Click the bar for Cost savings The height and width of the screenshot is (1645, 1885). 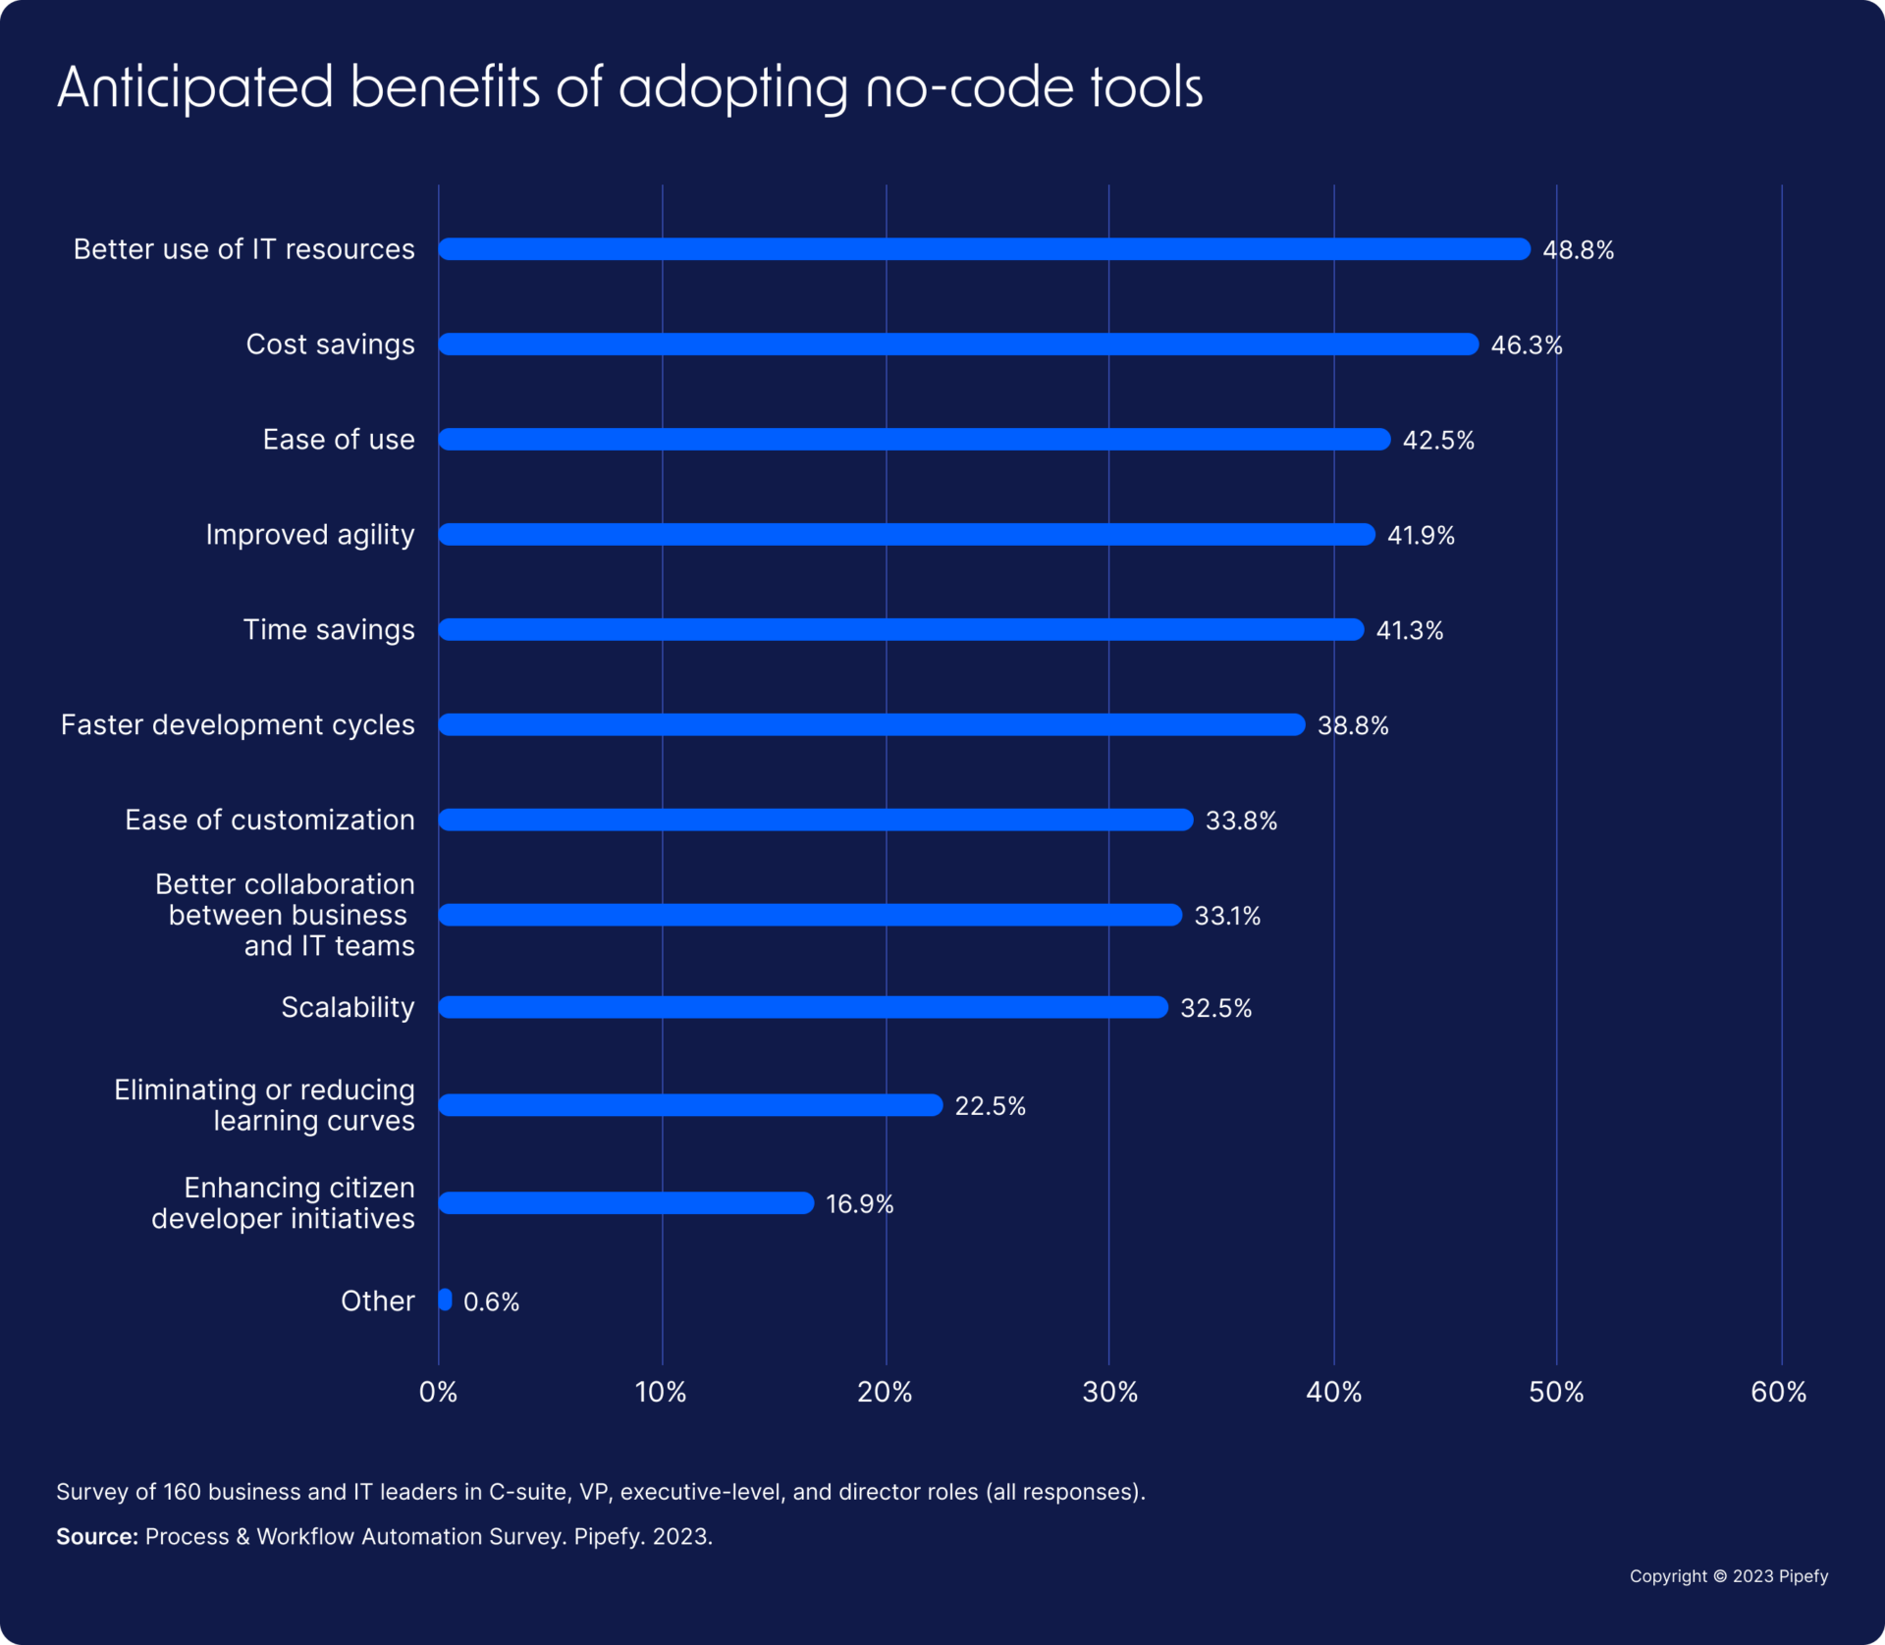[958, 345]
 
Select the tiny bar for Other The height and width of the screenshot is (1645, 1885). [446, 1300]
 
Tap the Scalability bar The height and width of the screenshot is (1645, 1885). [803, 1007]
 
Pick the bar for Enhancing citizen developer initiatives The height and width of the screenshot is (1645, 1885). [626, 1202]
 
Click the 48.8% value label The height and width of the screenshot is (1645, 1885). [1578, 250]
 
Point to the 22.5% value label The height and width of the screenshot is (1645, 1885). [990, 1106]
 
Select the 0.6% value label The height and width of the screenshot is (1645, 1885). [491, 1301]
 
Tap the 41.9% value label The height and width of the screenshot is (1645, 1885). [1421, 535]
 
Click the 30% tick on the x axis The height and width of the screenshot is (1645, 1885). [1110, 1392]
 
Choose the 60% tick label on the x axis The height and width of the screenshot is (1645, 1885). [1779, 1392]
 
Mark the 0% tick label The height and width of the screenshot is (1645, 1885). [439, 1392]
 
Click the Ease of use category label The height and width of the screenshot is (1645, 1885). [339, 440]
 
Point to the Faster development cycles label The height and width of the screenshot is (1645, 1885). [238, 725]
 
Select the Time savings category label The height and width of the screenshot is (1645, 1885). [329, 630]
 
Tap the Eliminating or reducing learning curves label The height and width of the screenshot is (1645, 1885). [265, 1105]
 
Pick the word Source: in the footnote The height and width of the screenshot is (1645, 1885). [96, 1536]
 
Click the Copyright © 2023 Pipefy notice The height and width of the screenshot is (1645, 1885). [1728, 1576]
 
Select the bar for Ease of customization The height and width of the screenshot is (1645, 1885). [816, 820]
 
